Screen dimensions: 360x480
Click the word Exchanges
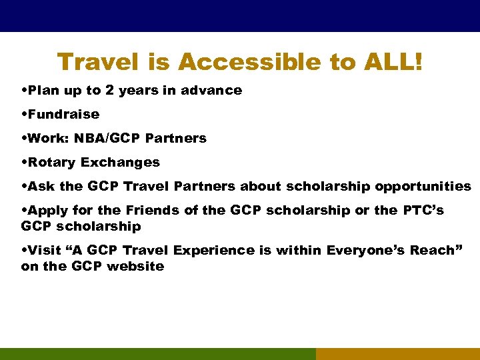pos(121,162)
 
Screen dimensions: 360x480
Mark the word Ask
pos(40,186)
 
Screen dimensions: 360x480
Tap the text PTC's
pos(423,210)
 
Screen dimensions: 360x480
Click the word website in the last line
pos(137,266)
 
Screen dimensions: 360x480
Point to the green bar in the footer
pos(157,353)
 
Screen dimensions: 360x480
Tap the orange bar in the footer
pos(397,353)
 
